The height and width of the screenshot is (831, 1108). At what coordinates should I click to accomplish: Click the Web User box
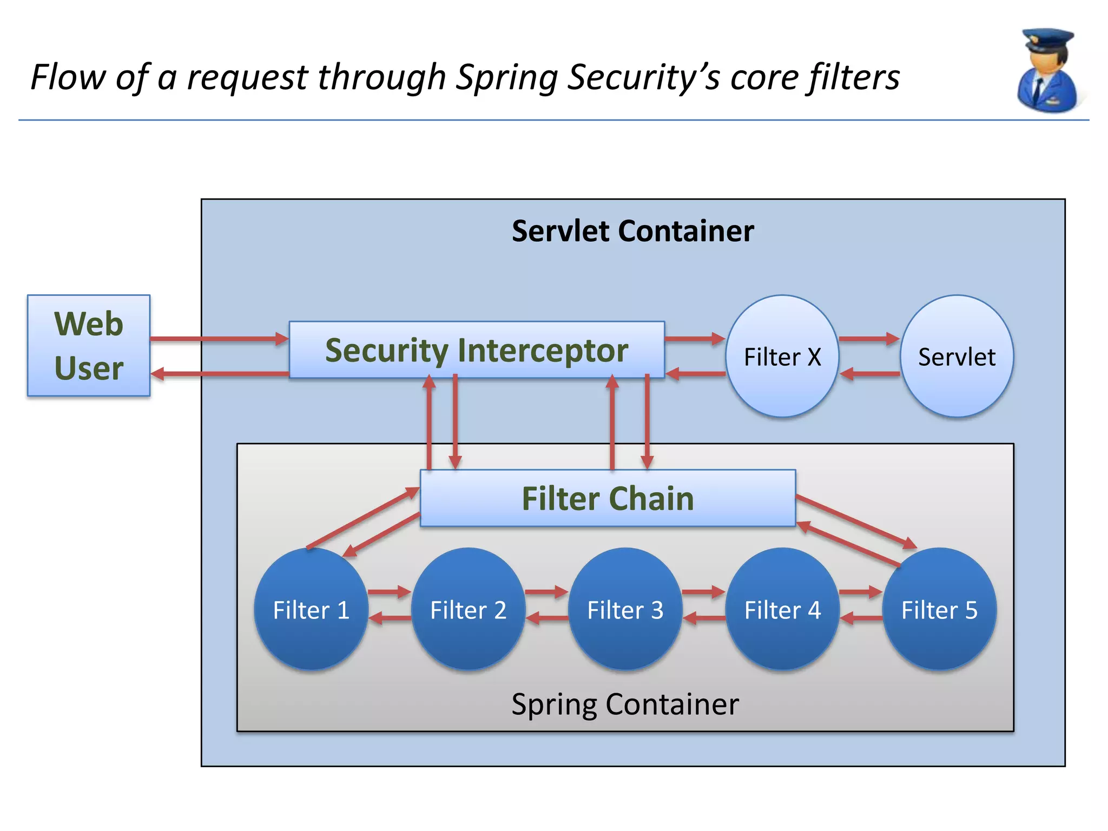[x=89, y=346]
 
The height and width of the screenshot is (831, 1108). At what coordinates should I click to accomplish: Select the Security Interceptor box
[x=477, y=350]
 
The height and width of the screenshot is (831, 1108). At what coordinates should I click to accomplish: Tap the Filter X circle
[x=782, y=357]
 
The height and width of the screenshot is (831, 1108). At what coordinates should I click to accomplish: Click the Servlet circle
[x=957, y=357]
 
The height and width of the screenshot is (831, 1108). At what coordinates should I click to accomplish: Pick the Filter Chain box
[x=608, y=498]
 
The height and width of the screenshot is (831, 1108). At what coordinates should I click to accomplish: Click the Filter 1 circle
[x=311, y=610]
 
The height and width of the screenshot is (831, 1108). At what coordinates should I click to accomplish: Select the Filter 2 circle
[x=468, y=610]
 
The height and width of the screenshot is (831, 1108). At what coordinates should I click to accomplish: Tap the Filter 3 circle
[x=625, y=610]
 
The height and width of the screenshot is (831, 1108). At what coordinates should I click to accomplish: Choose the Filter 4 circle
[x=782, y=610]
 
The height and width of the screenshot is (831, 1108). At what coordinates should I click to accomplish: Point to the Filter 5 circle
[x=939, y=610]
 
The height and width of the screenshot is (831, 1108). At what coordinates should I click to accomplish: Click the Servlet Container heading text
[x=632, y=231]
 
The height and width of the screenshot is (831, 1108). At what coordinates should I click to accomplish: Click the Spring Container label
[x=625, y=704]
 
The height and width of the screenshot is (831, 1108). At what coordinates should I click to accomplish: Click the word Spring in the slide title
[x=507, y=77]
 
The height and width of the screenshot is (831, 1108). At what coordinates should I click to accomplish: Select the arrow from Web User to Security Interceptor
[x=219, y=339]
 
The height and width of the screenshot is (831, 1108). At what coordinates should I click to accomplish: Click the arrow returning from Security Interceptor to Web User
[x=219, y=374]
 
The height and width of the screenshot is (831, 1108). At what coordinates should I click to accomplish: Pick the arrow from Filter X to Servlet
[x=868, y=339]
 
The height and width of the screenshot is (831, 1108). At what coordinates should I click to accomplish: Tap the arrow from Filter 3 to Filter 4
[x=703, y=592]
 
